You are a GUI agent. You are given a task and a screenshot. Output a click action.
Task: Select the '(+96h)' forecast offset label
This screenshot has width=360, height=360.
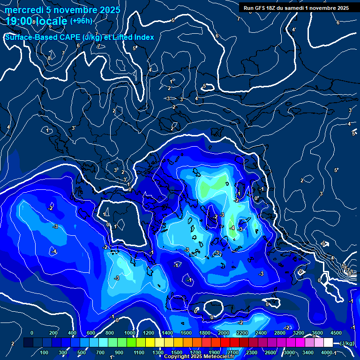click(x=81, y=21)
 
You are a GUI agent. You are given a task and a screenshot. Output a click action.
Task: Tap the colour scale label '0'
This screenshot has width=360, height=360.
click(x=32, y=332)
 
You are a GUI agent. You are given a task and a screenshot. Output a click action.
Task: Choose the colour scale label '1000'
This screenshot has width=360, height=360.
click(x=129, y=332)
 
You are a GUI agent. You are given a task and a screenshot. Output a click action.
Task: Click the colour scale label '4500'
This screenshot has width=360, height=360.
click(x=336, y=332)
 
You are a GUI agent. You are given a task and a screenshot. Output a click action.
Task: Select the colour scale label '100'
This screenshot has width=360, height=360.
click(x=44, y=352)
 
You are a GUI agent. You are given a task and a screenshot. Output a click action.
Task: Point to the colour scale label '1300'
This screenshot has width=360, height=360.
click(x=158, y=352)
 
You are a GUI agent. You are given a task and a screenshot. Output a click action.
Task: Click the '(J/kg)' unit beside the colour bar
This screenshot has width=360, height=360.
click(x=346, y=343)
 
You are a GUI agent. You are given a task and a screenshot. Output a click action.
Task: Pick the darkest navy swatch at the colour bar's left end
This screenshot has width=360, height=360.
click(x=29, y=343)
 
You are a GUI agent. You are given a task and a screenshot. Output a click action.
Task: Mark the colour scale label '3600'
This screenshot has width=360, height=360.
click(x=317, y=332)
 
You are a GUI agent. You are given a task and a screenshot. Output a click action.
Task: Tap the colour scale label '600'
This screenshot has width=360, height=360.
click(x=91, y=332)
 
